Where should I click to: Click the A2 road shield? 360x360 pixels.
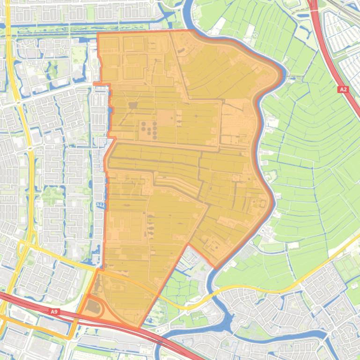pyautogui.click(x=343, y=89)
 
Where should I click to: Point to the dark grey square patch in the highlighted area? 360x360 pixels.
pyautogui.click(x=133, y=105)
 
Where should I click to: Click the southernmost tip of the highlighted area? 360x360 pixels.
pyautogui.click(x=139, y=327)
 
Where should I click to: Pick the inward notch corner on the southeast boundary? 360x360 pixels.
pyautogui.click(x=188, y=244)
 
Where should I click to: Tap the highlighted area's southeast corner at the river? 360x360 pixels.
pyautogui.click(x=216, y=268)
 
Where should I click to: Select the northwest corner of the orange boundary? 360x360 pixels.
pyautogui.click(x=97, y=34)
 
